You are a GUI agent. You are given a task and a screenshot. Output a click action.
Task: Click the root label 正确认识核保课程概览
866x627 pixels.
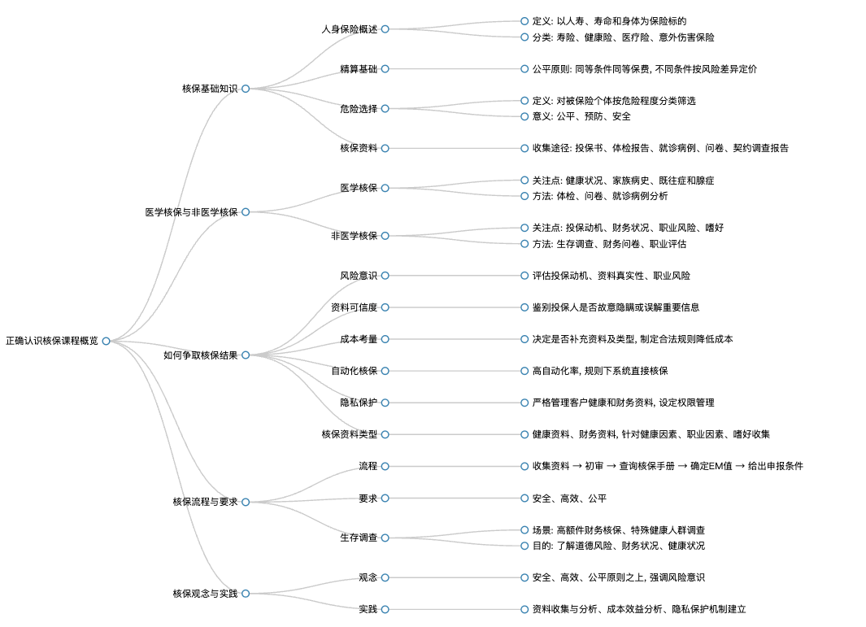point(52,341)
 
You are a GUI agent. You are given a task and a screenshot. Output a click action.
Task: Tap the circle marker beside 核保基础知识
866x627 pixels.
point(246,89)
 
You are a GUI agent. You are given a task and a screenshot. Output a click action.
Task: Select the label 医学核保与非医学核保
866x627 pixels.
point(192,212)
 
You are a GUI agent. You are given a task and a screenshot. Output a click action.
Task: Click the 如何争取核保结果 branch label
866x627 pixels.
point(201,355)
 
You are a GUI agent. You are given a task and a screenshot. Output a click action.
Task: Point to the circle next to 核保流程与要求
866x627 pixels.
point(246,502)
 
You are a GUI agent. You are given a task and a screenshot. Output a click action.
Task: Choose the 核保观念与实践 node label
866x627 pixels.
point(205,594)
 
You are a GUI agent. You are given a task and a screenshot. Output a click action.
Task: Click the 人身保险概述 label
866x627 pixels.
point(350,29)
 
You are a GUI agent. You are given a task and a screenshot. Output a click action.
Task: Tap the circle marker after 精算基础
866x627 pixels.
point(385,69)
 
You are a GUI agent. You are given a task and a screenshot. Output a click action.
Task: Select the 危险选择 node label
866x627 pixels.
point(359,109)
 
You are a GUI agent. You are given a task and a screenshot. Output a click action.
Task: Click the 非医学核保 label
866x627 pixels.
point(354,236)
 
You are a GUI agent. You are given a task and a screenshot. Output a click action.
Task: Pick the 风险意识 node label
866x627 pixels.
point(359,276)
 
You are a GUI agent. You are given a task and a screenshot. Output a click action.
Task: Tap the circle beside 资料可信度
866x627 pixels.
point(385,307)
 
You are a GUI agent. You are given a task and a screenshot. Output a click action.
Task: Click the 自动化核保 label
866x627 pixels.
point(354,371)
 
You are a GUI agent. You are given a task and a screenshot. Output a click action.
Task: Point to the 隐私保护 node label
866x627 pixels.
point(359,403)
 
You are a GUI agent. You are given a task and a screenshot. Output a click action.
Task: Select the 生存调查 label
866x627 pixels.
point(359,538)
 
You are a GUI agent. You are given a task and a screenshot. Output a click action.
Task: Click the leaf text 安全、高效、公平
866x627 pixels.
point(569,499)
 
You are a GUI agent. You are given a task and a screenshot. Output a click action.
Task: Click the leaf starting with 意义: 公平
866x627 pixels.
point(581,116)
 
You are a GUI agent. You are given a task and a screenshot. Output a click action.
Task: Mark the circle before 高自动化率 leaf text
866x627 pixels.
point(524,371)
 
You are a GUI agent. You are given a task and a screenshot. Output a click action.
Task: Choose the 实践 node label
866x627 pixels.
point(368,609)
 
